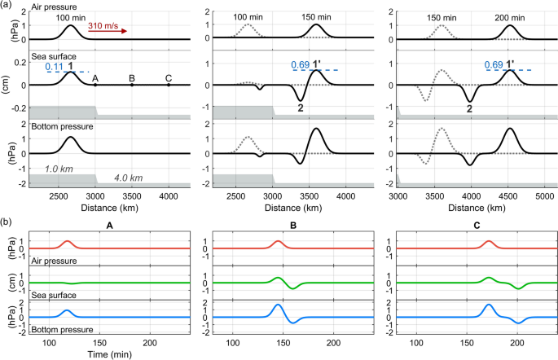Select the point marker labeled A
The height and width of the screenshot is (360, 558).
[95, 85]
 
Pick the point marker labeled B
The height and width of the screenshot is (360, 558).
[132, 85]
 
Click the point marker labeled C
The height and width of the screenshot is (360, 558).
[169, 85]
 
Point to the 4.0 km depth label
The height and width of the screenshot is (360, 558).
[120, 178]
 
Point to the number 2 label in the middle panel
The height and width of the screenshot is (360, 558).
[301, 108]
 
